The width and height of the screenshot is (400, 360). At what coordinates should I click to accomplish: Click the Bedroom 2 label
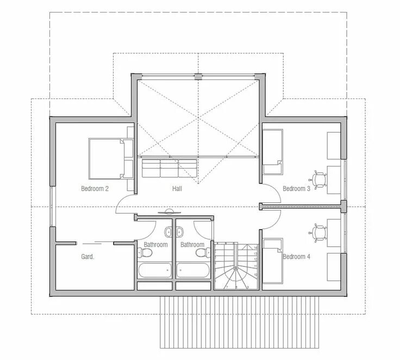pos(95,189)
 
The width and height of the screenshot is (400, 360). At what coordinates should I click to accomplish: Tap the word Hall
pos(177,189)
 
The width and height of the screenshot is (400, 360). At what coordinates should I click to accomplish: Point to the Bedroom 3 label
pos(296,189)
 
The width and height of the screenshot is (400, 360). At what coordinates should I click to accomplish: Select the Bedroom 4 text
pos(296,256)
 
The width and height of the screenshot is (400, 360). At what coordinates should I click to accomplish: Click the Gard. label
pos(87,256)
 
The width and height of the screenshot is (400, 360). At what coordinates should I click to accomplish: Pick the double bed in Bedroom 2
pos(111,158)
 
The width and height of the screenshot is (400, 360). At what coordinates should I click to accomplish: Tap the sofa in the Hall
pos(169,168)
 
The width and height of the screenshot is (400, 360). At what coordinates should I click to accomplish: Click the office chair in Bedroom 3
pos(319,177)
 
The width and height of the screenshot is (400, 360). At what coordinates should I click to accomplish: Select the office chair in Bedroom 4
pos(319,232)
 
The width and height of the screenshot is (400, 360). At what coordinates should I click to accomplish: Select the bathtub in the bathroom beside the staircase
pos(193,270)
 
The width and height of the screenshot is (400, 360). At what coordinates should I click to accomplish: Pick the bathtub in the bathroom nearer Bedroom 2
pos(155,270)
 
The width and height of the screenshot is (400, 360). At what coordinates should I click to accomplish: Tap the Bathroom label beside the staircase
pos(192,245)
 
